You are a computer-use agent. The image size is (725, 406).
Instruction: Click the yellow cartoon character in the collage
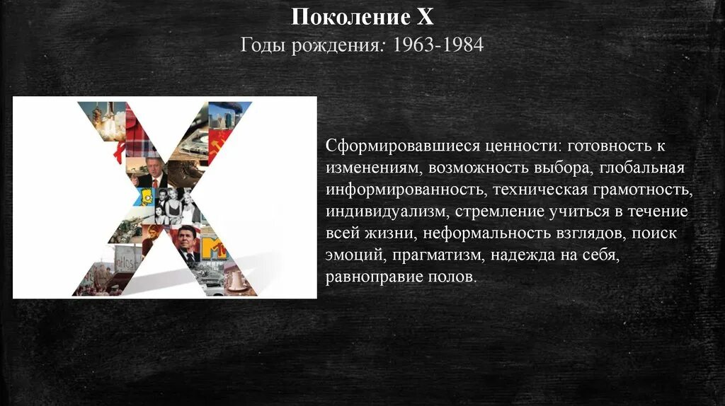(x=147, y=197)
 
